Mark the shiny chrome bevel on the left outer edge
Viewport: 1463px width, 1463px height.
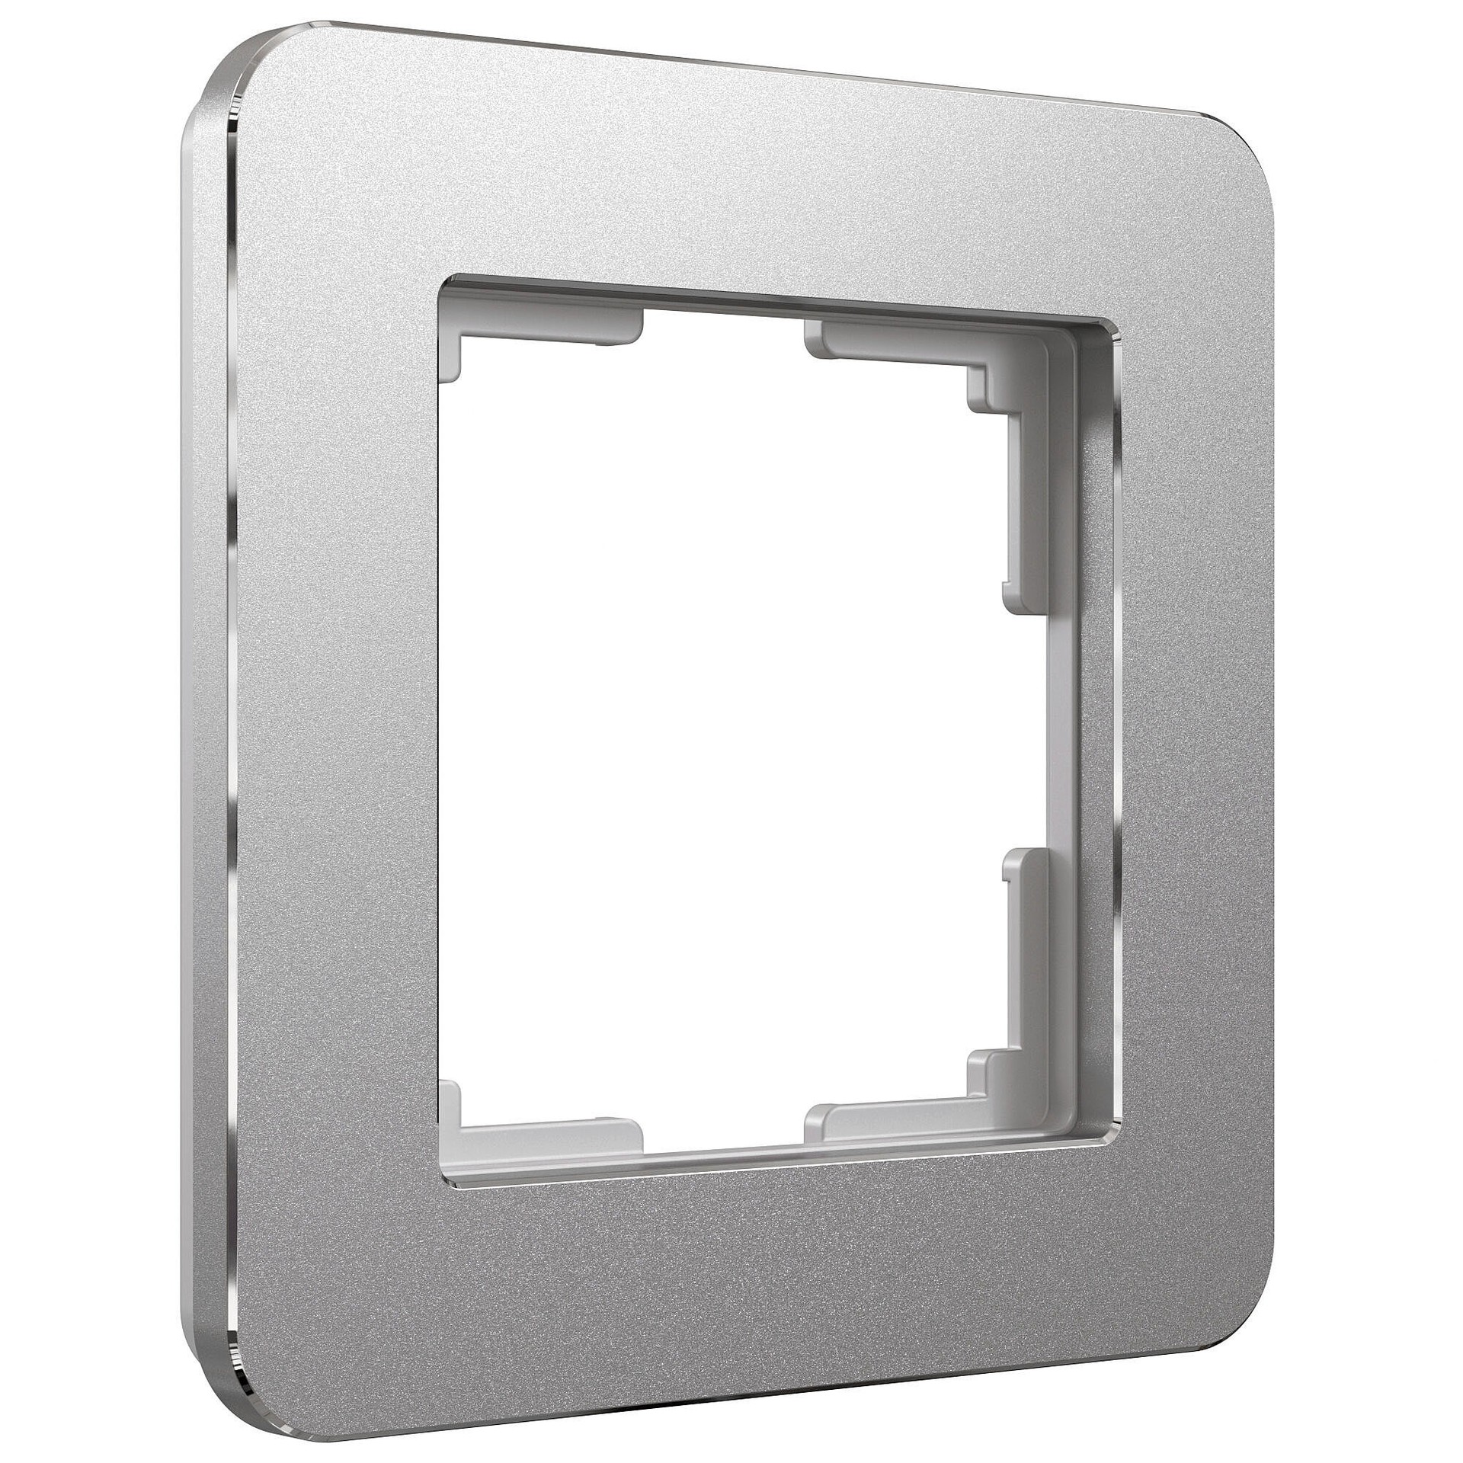tap(229, 731)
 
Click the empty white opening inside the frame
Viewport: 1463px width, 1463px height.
tap(724, 731)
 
